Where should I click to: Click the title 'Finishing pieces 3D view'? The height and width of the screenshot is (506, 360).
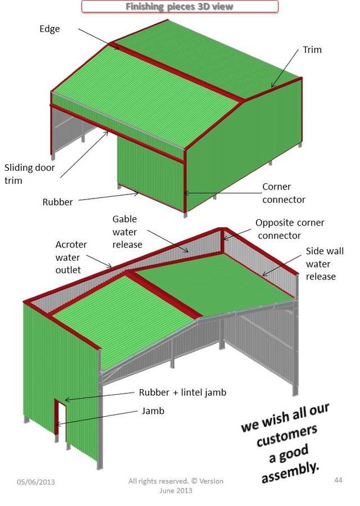(x=179, y=7)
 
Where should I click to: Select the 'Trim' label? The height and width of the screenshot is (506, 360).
(x=312, y=49)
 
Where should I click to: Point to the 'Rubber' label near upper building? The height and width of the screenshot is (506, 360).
(x=57, y=202)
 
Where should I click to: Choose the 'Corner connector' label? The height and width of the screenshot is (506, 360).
(x=283, y=193)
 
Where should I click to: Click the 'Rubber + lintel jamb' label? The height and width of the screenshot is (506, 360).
(x=182, y=392)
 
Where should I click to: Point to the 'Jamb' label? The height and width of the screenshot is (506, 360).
(x=153, y=411)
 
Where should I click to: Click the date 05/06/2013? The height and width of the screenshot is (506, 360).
(x=36, y=482)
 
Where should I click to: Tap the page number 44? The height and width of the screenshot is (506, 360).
(x=338, y=479)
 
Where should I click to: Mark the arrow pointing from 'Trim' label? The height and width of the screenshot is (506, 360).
(x=284, y=69)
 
